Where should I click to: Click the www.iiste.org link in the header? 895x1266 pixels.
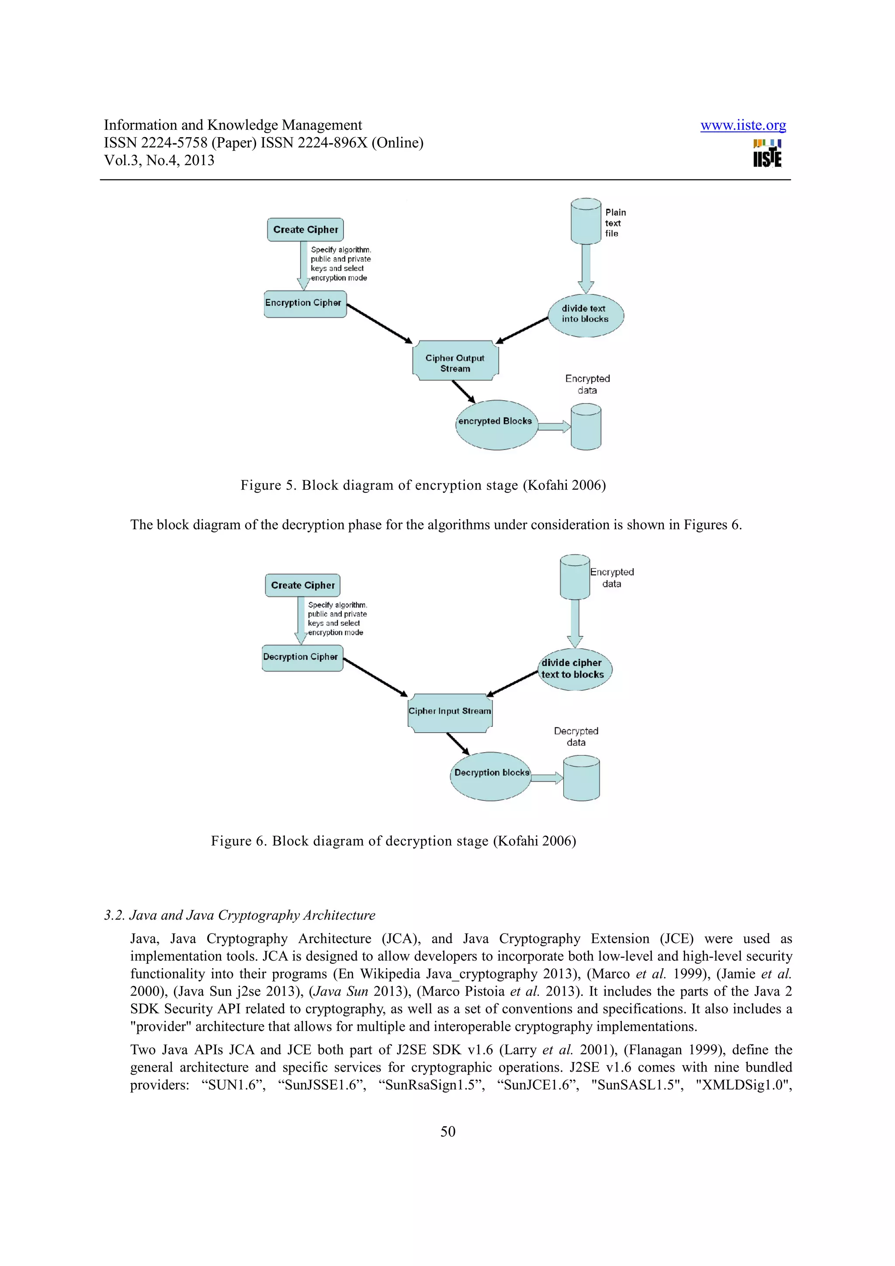coord(743,126)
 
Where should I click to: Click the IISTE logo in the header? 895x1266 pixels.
coord(767,153)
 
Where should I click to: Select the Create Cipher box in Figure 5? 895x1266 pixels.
coord(305,229)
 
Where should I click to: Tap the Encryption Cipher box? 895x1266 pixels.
coord(305,304)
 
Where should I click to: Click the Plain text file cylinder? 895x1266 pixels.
coord(586,221)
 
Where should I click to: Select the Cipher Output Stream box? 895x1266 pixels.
coord(455,361)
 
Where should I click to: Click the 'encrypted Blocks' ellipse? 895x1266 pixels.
coord(496,425)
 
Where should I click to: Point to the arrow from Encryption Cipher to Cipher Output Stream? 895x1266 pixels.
coord(379,324)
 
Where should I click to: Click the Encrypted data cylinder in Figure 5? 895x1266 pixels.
coord(586,426)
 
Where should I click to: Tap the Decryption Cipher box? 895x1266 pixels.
coord(302,658)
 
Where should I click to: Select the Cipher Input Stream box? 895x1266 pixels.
coord(449,713)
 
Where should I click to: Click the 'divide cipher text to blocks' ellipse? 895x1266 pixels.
coord(574,669)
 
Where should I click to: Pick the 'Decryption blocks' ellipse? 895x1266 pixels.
coord(490,776)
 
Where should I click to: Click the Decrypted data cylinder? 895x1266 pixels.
coord(581,778)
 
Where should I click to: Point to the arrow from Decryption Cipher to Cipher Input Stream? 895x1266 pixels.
coord(375,677)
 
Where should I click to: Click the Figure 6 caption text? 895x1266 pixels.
coord(393,841)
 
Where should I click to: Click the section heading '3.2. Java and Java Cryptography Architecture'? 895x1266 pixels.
coord(239,915)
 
